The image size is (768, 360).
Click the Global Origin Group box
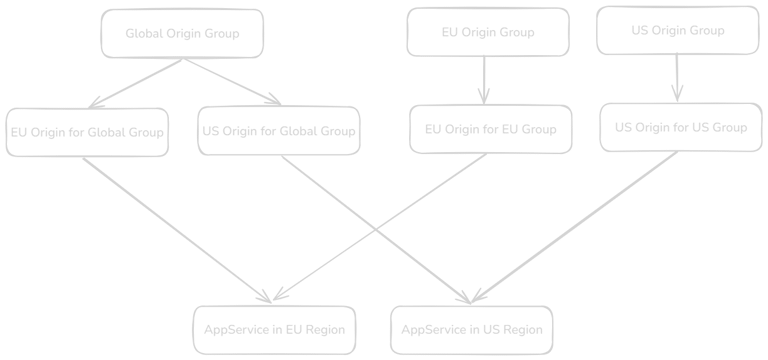(x=182, y=33)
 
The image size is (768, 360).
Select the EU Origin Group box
(x=488, y=32)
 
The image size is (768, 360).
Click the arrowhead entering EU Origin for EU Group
(x=484, y=97)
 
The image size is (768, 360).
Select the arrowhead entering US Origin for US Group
(x=677, y=95)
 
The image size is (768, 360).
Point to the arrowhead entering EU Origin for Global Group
(x=94, y=103)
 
